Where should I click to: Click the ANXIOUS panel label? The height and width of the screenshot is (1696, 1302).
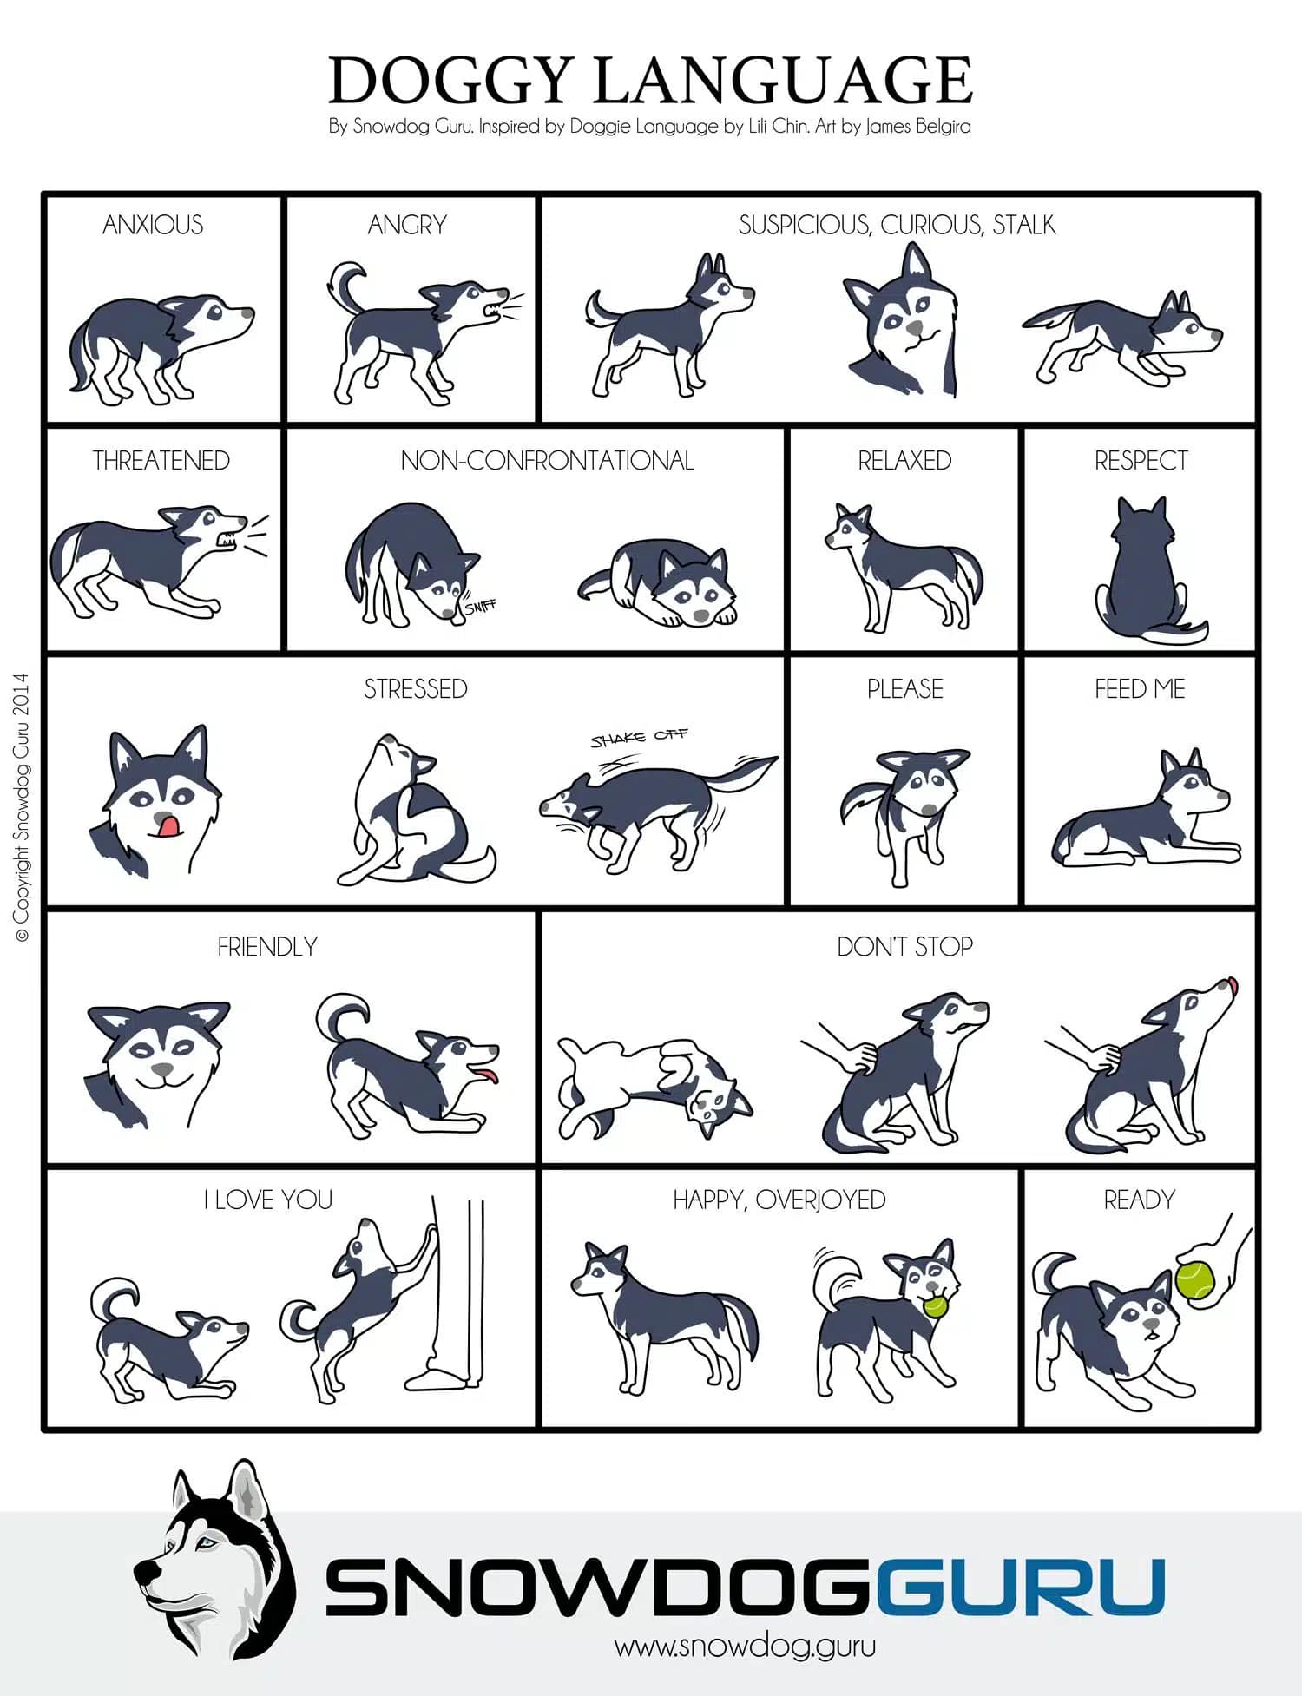153,226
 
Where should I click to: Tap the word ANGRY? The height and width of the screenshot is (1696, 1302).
407,226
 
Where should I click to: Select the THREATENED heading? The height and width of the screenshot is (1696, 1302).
161,461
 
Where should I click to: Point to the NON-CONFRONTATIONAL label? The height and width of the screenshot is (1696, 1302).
548,461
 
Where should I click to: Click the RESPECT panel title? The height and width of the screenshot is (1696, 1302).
1141,461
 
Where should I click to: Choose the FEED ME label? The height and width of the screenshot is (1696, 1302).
1140,689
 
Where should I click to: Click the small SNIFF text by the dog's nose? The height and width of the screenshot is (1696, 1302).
480,606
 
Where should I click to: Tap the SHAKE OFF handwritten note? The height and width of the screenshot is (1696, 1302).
639,738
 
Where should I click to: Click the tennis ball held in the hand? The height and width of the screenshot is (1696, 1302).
1196,1280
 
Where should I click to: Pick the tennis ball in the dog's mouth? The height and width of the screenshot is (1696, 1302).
936,1306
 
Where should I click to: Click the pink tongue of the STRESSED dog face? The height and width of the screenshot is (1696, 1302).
165,825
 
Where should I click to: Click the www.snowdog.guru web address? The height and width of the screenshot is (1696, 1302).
745,1646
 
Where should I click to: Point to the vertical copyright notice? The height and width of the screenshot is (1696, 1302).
22,807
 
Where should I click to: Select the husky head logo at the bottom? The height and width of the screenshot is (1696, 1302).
215,1561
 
